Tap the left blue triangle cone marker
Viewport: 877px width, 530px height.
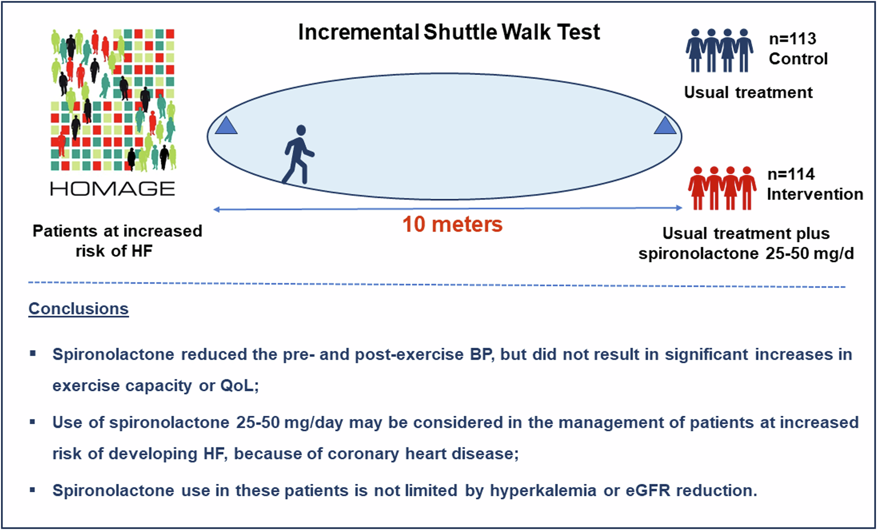(x=226, y=126)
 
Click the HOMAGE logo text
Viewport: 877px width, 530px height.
(x=113, y=189)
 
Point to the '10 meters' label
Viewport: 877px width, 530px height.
(x=452, y=224)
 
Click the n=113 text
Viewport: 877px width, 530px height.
(x=792, y=39)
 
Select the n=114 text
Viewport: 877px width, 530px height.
(x=791, y=174)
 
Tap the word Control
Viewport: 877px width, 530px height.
(x=798, y=59)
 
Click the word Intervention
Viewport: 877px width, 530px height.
(x=815, y=194)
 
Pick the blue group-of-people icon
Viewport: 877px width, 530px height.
(x=720, y=50)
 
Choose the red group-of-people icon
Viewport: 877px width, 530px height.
(x=722, y=188)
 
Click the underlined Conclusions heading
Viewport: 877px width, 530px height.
(x=78, y=309)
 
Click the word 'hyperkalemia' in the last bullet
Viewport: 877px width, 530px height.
(x=543, y=490)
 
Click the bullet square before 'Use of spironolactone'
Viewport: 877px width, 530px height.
(x=32, y=422)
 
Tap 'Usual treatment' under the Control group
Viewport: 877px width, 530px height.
(x=748, y=93)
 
